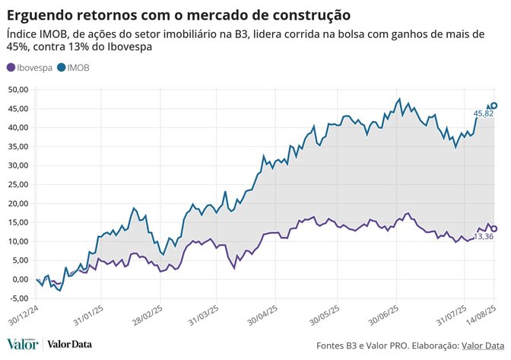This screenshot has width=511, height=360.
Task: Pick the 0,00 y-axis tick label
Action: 19,279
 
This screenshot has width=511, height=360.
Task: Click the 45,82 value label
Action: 484,113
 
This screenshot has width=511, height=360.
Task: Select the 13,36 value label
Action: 484,237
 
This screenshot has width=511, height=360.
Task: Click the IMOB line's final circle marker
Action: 494,106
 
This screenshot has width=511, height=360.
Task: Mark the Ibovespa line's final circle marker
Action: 494,228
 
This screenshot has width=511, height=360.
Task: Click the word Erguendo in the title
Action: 37,14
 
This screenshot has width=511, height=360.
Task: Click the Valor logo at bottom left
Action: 23,345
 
